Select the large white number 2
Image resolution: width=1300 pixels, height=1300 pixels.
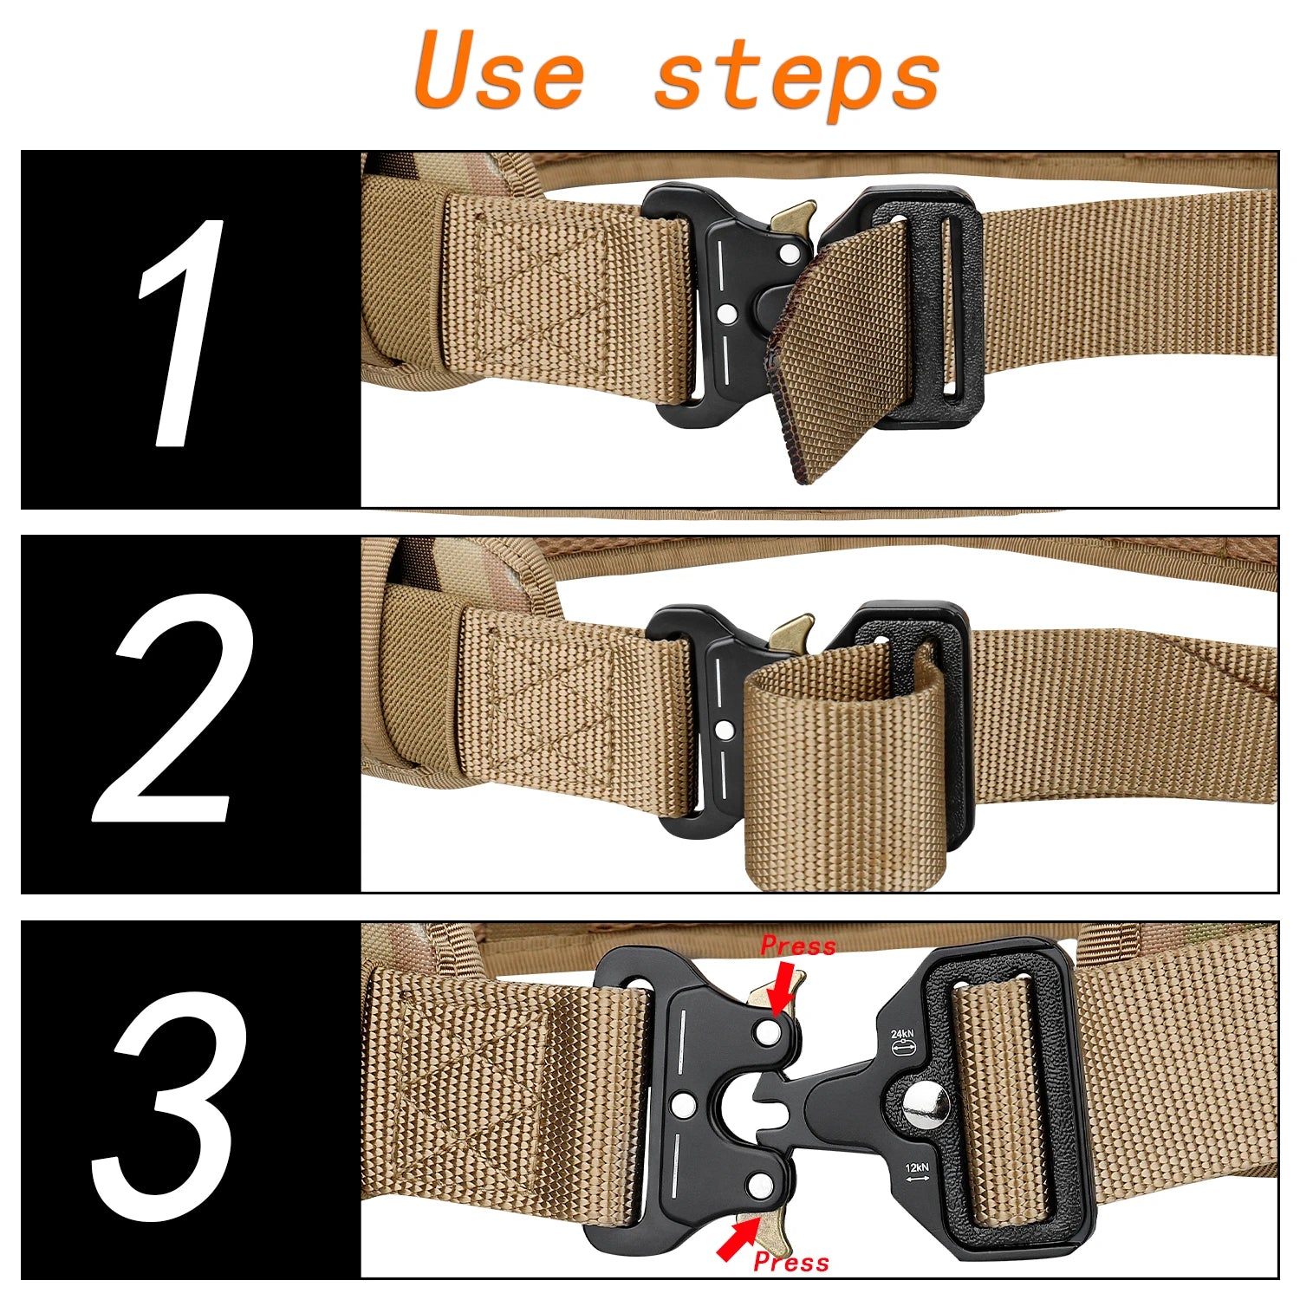pyautogui.click(x=173, y=708)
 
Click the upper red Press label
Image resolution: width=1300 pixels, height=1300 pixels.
pyautogui.click(x=798, y=946)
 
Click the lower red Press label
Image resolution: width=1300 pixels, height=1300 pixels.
pyautogui.click(x=791, y=1262)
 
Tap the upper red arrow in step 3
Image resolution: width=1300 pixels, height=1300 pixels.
pyautogui.click(x=783, y=990)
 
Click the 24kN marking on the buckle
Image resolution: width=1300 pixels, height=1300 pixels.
pyautogui.click(x=902, y=1034)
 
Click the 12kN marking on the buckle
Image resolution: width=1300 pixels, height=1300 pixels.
pyautogui.click(x=917, y=1167)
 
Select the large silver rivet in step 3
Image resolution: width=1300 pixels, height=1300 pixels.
pyautogui.click(x=926, y=1107)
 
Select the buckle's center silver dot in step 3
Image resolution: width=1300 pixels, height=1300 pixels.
pyautogui.click(x=683, y=1104)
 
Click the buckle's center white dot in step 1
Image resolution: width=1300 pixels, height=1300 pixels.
pyautogui.click(x=728, y=312)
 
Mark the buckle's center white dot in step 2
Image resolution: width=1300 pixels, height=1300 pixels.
pyautogui.click(x=725, y=730)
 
